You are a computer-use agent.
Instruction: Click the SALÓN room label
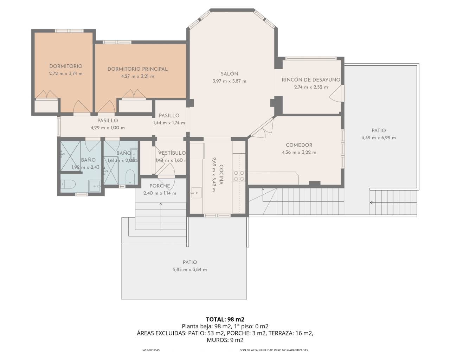(229, 74)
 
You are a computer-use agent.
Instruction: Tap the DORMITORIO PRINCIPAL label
(137, 69)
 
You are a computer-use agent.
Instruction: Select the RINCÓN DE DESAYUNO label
(311, 80)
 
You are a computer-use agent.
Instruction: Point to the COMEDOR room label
(299, 145)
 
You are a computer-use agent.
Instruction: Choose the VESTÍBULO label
(172, 153)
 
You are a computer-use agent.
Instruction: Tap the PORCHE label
(160, 186)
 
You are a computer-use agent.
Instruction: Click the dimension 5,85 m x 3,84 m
(190, 270)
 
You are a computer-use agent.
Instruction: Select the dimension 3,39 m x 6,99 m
(378, 138)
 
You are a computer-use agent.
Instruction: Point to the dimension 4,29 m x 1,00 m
(108, 128)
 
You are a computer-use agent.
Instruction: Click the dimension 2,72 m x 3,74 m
(66, 73)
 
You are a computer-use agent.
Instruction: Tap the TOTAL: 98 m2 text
(225, 319)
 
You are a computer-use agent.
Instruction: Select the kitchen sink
(196, 192)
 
